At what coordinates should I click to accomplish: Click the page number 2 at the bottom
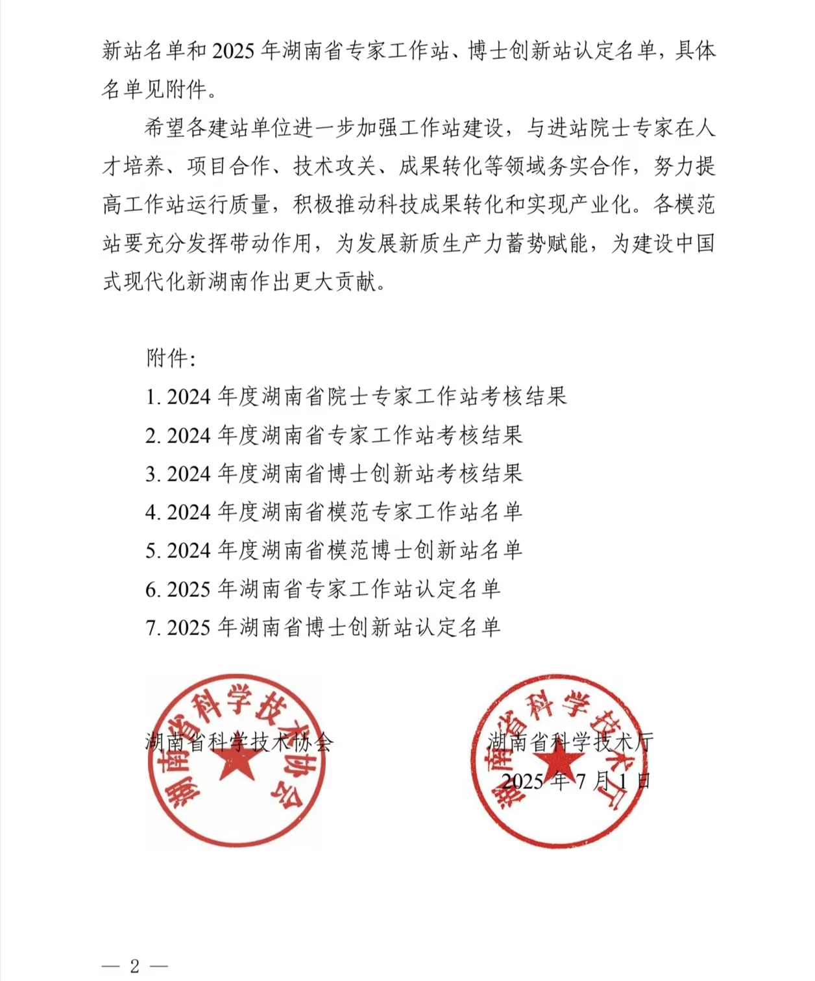[134, 966]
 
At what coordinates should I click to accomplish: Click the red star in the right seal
[560, 760]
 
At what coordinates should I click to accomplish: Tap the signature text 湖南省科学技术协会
[239, 742]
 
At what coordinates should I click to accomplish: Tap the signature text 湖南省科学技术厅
[570, 742]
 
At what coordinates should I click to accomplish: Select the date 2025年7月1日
[576, 781]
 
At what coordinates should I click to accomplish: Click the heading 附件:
[171, 357]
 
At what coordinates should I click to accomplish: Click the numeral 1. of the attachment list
[153, 396]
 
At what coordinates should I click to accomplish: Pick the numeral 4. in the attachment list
[153, 513]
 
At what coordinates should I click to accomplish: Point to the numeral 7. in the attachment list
[153, 628]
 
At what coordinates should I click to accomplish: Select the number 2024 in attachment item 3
[189, 474]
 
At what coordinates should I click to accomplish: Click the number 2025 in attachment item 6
[189, 590]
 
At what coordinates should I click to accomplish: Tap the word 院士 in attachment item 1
[348, 396]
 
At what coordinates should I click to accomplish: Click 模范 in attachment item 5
[348, 551]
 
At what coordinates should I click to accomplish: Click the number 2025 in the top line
[233, 51]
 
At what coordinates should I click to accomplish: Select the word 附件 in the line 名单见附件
[186, 89]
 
